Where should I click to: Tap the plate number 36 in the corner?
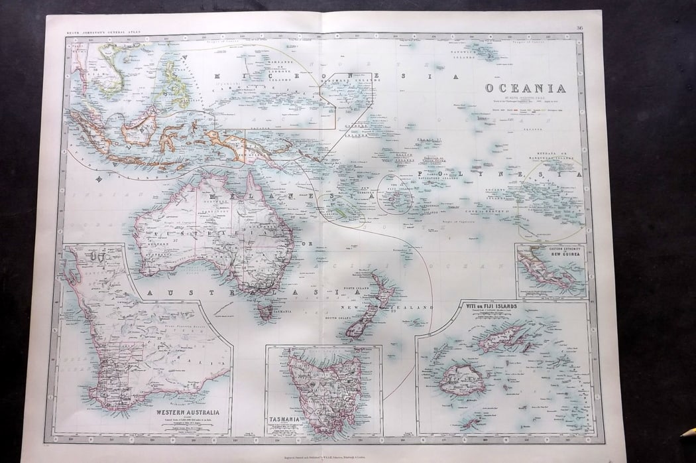pos(579,27)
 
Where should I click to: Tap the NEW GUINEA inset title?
pos(565,255)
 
